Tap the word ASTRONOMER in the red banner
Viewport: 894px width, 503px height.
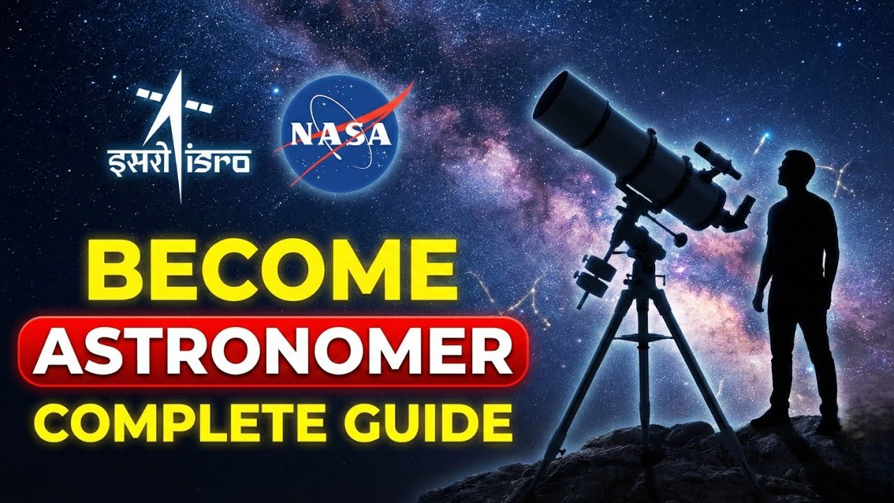[x=272, y=351]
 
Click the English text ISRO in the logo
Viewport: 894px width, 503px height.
[x=219, y=161]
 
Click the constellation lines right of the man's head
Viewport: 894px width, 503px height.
[x=836, y=175]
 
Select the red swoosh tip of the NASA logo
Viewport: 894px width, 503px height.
[x=408, y=89]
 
